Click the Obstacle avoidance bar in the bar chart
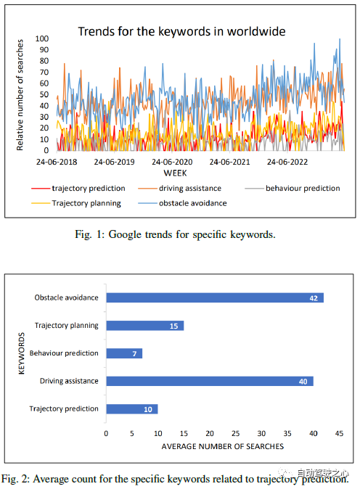pyautogui.click(x=215, y=298)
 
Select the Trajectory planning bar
pyautogui.click(x=145, y=326)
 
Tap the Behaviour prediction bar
pyautogui.click(x=124, y=353)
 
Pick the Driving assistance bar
pyautogui.click(x=210, y=381)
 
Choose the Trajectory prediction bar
pyautogui.click(x=132, y=409)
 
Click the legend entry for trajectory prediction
pyautogui.click(x=78, y=189)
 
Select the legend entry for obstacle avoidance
pyautogui.click(x=182, y=203)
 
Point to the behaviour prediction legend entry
pyautogui.click(x=292, y=189)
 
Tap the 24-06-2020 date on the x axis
pyautogui.click(x=172, y=163)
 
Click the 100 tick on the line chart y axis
pyautogui.click(x=42, y=38)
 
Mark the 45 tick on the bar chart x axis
pyautogui.click(x=339, y=433)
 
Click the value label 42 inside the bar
pyautogui.click(x=314, y=298)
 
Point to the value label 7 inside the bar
pyautogui.click(x=134, y=354)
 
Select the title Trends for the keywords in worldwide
pyautogui.click(x=181, y=31)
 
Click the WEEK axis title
pyautogui.click(x=176, y=173)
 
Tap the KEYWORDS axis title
pyautogui.click(x=21, y=353)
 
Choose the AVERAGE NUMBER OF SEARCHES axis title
pyautogui.click(x=222, y=447)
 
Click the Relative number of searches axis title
pyautogui.click(x=20, y=95)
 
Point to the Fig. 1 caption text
pyautogui.click(x=175, y=234)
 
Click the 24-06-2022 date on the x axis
pyautogui.click(x=287, y=163)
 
